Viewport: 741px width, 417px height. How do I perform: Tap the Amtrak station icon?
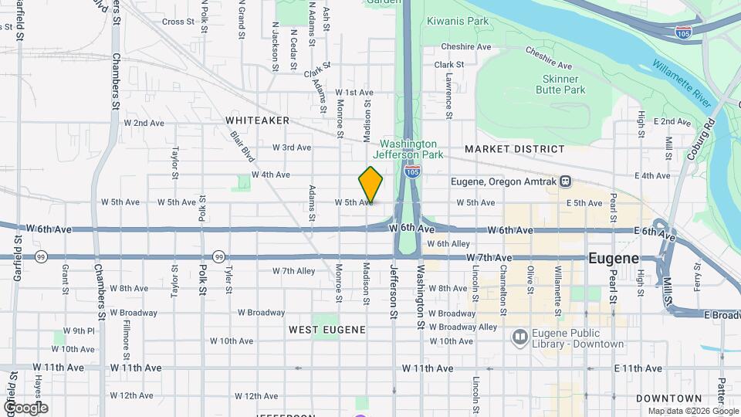[566, 181]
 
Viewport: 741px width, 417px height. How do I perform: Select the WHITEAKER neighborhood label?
[258, 120]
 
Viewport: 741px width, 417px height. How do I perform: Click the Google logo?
[25, 408]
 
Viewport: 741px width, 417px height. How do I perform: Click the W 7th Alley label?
[294, 271]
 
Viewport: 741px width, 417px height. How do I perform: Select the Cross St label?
[178, 22]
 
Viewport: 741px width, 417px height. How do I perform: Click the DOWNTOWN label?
[658, 398]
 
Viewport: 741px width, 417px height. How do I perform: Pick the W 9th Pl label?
[79, 331]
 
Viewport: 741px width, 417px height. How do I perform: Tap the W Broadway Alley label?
[463, 327]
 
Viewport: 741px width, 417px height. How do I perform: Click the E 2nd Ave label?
[672, 122]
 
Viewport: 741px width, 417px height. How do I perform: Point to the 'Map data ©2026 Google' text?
[692, 411]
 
